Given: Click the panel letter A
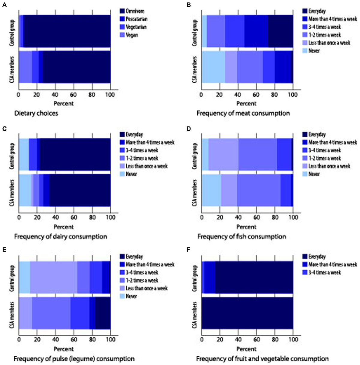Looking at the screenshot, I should tap(4, 5).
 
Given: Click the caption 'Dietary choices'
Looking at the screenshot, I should tap(36, 113).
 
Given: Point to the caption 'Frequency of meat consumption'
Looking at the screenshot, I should tap(243, 113).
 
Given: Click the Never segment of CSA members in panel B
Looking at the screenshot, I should tap(213, 67).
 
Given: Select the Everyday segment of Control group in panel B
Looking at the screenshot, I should tap(280, 31).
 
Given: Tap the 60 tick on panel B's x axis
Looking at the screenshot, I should tap(256, 95).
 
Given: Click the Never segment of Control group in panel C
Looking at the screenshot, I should tap(24, 154).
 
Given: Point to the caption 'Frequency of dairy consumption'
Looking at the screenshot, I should tap(60, 237).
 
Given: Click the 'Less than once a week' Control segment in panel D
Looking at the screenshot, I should tap(223, 154).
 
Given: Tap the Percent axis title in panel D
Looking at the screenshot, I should tap(246, 227).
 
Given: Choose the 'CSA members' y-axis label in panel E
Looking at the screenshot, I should tap(12, 315).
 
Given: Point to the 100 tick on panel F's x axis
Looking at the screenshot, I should tap(293, 340).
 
